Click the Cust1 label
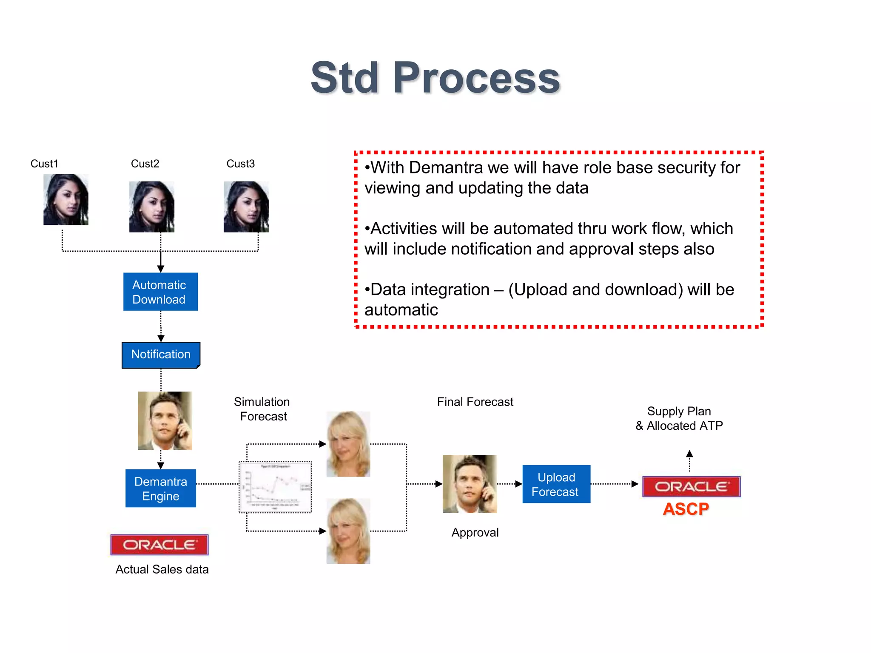[x=44, y=164]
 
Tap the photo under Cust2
[x=151, y=207]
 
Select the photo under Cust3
[x=246, y=207]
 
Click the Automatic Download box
[x=160, y=292]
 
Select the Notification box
[x=161, y=355]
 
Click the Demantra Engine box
[x=160, y=488]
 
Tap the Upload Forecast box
[x=556, y=484]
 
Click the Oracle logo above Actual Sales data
[x=159, y=545]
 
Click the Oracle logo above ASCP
[x=691, y=486]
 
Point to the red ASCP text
[x=686, y=509]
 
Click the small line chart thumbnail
[x=276, y=487]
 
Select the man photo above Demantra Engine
[x=165, y=420]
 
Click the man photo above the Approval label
[x=470, y=484]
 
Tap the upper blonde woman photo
[x=348, y=444]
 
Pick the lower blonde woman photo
[x=348, y=531]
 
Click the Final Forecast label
[x=475, y=402]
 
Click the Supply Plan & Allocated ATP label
[x=679, y=418]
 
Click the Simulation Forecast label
[x=262, y=409]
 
